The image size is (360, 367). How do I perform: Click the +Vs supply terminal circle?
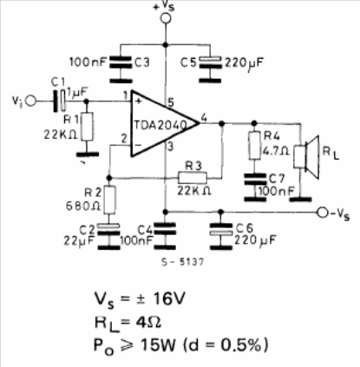click(166, 18)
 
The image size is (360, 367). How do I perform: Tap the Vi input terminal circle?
click(31, 102)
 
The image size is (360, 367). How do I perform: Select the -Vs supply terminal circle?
click(323, 213)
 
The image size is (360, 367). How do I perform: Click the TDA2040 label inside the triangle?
click(160, 125)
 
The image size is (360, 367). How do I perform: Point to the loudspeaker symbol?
click(306, 156)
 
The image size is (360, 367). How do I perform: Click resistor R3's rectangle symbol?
click(193, 178)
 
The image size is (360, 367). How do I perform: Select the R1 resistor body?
click(88, 127)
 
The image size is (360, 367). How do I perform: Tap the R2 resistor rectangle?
click(109, 200)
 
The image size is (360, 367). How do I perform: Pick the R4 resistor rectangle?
click(254, 145)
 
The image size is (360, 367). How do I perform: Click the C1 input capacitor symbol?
click(59, 101)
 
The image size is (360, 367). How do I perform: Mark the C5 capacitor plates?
click(210, 62)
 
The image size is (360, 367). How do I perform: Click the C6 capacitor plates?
click(220, 229)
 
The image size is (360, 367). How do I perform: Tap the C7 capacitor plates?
click(255, 179)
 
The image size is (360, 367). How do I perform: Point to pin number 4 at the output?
click(204, 118)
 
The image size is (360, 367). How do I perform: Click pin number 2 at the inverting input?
click(124, 139)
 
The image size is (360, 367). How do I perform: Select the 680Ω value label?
click(83, 206)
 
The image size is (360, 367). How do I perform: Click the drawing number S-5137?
click(182, 262)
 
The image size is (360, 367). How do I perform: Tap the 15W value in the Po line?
click(158, 344)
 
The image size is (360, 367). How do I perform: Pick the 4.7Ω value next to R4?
click(275, 150)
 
